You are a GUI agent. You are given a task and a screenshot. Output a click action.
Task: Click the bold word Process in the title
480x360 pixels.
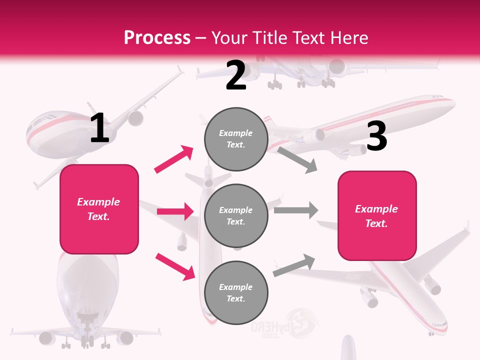tap(157, 37)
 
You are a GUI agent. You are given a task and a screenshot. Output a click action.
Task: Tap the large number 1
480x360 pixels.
tap(99, 128)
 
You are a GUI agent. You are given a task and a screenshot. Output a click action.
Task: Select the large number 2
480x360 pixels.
tap(236, 75)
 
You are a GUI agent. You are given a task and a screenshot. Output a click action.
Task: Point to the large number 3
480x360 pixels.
tap(376, 136)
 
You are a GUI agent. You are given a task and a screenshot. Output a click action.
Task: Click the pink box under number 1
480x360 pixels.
tap(99, 209)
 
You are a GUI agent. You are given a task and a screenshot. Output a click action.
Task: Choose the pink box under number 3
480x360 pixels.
tap(377, 216)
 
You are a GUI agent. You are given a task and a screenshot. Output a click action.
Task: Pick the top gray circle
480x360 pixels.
tap(236, 139)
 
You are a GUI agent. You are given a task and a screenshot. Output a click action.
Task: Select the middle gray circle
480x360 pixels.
tap(236, 215)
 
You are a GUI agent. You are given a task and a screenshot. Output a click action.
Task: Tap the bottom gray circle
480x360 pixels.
tap(236, 292)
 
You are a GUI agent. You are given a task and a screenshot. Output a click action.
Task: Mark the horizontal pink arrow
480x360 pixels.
tap(175, 211)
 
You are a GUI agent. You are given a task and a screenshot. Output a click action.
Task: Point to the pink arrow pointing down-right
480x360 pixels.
tap(175, 266)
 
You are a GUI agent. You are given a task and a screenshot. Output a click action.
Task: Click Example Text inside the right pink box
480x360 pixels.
tap(376, 216)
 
